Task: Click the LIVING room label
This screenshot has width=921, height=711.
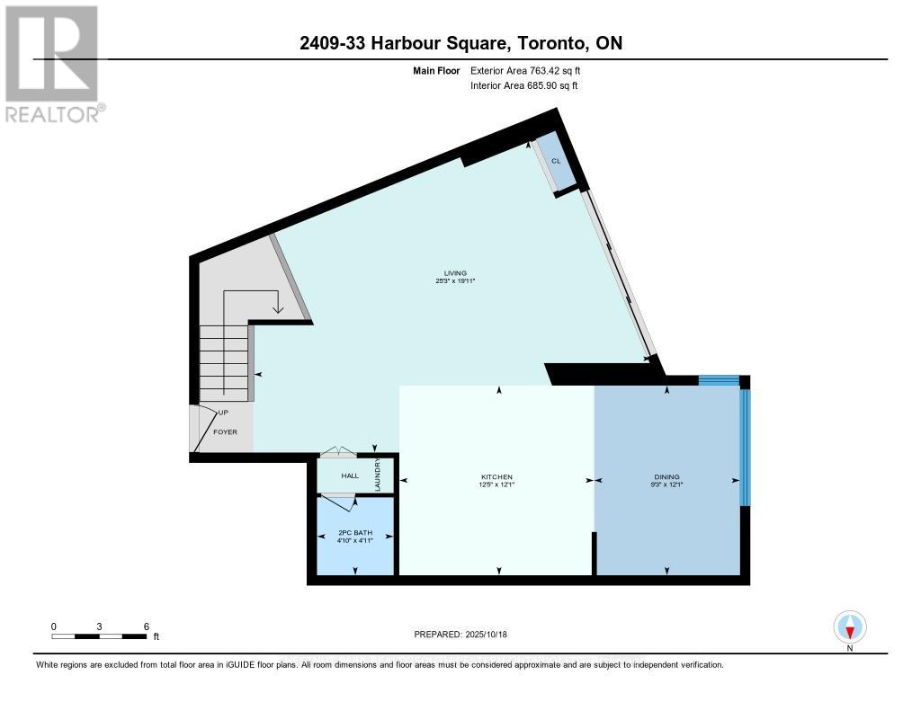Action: pyautogui.click(x=454, y=273)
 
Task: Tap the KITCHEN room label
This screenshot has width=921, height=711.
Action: pyautogui.click(x=496, y=477)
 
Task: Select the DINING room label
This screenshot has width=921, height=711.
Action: pyautogui.click(x=666, y=477)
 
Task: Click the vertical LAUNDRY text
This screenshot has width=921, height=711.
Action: pyautogui.click(x=379, y=475)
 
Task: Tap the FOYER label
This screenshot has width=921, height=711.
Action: pyautogui.click(x=225, y=432)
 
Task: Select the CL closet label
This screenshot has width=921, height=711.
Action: pyautogui.click(x=556, y=160)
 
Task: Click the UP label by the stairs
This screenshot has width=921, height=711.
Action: pyautogui.click(x=223, y=413)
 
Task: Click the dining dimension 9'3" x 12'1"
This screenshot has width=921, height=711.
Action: pyautogui.click(x=666, y=485)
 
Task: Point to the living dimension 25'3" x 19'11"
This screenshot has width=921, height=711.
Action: pyautogui.click(x=454, y=281)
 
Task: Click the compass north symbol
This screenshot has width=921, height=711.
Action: pyautogui.click(x=850, y=627)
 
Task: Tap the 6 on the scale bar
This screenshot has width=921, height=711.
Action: pyautogui.click(x=146, y=627)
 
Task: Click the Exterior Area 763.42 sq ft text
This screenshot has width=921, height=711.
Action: pyautogui.click(x=532, y=70)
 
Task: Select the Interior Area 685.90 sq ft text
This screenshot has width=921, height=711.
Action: pyautogui.click(x=523, y=85)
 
